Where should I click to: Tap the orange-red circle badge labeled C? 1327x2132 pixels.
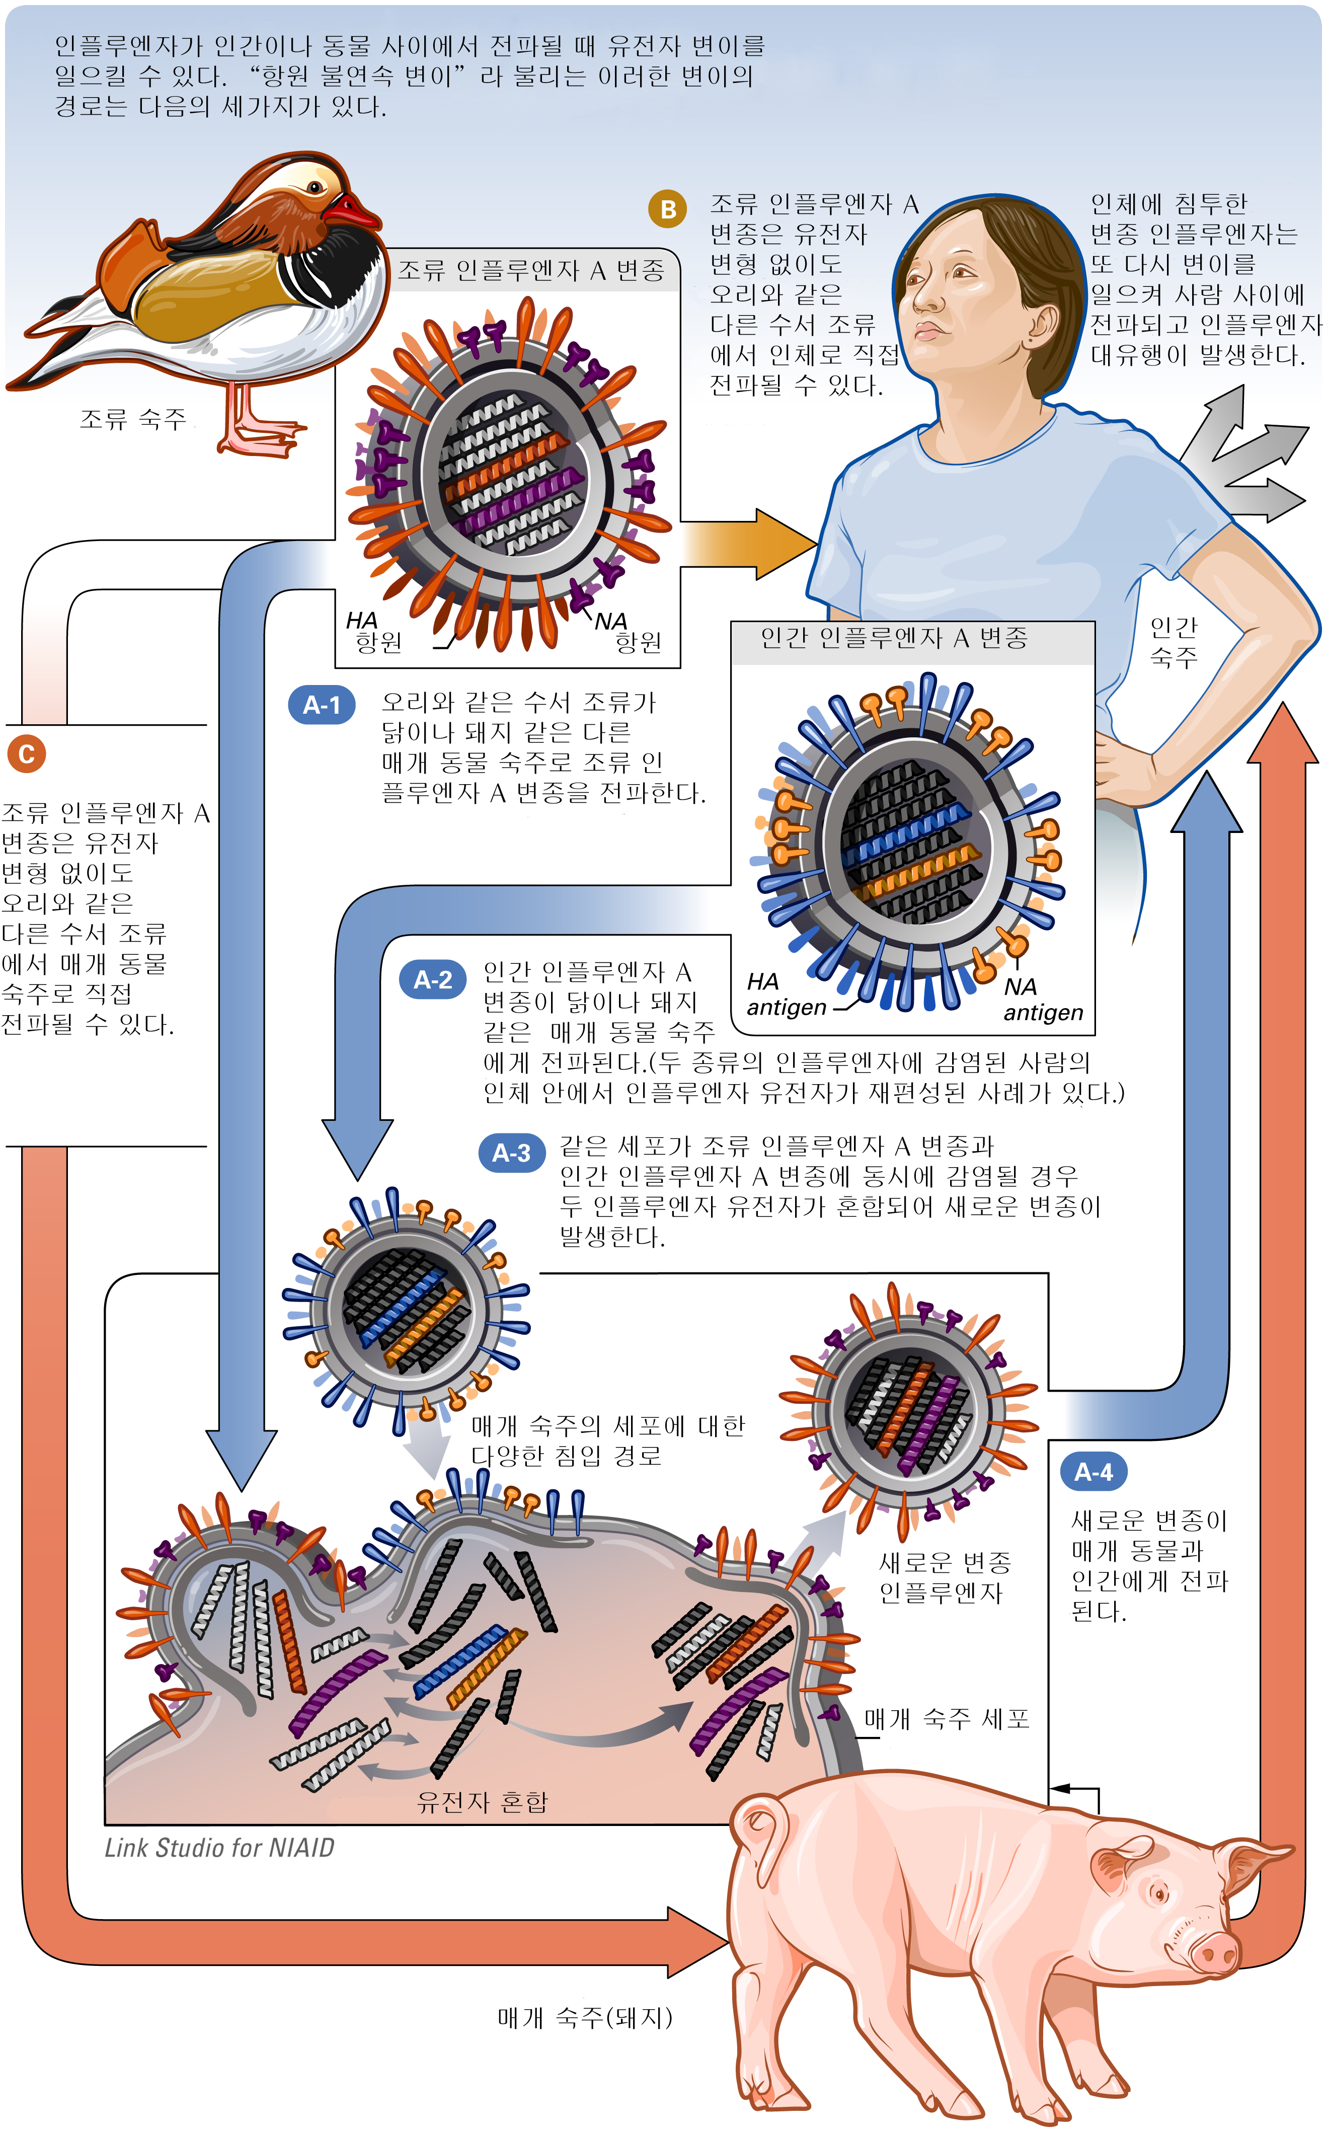(26, 754)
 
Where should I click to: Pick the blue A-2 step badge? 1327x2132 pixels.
(433, 979)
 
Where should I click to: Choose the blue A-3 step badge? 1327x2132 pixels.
(511, 1153)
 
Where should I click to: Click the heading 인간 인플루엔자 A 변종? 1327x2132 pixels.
(893, 638)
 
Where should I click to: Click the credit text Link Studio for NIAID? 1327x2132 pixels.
(219, 1848)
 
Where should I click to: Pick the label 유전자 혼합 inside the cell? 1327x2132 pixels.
(482, 1802)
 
